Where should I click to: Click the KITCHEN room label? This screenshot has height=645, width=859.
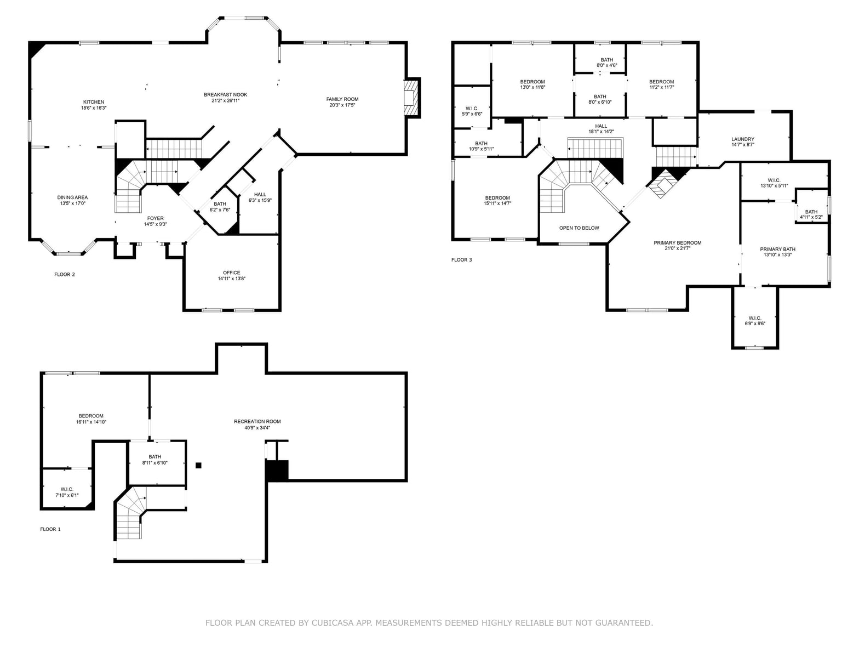coord(94,102)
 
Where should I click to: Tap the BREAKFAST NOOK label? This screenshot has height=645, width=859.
coord(225,95)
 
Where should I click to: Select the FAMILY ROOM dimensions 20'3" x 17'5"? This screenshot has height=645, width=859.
coord(342,105)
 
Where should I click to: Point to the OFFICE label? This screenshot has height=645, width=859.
coord(232,273)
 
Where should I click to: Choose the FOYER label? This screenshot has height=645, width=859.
coord(156,218)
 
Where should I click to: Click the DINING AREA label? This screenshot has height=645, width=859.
coord(72,198)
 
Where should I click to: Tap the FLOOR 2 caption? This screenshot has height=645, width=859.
coord(65,275)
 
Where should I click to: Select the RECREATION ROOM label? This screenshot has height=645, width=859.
coord(257,422)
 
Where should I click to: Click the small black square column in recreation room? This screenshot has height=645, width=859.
coord(198,465)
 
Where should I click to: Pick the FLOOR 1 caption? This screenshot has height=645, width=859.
coord(50,529)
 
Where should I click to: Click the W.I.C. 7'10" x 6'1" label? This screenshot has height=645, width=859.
coord(67,493)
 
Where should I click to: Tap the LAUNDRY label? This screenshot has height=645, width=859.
coord(743,139)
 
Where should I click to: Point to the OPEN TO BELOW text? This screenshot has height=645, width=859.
coord(579,228)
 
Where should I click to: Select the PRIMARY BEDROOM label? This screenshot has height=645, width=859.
coord(678,243)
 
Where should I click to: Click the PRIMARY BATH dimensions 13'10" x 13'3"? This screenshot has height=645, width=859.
coord(777,255)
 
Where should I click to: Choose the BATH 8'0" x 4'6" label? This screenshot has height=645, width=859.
coord(607,63)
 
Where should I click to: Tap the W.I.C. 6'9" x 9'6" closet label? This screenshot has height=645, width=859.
coord(755,321)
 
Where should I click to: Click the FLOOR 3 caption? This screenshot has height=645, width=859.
coord(462,260)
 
